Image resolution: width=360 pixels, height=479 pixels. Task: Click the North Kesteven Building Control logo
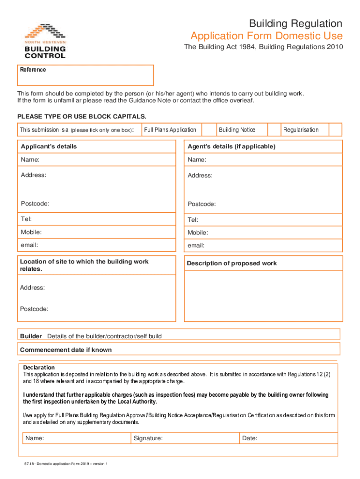coord(45,41)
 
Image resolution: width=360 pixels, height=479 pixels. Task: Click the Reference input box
coord(85,75)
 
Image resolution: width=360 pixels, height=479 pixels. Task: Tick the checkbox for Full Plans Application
coord(208,130)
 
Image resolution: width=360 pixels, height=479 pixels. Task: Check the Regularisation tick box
coord(335,130)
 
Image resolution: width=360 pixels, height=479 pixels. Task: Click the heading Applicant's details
coord(49,146)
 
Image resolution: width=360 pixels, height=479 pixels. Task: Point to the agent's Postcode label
coord(202,204)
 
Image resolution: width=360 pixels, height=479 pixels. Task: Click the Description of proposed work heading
coord(232,263)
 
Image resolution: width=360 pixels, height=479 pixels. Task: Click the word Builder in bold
coord(31,336)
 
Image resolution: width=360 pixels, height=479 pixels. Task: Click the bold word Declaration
coord(39,367)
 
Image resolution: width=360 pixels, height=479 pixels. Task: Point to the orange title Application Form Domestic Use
coord(266,36)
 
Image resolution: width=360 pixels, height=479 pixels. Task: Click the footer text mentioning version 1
coord(66,464)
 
